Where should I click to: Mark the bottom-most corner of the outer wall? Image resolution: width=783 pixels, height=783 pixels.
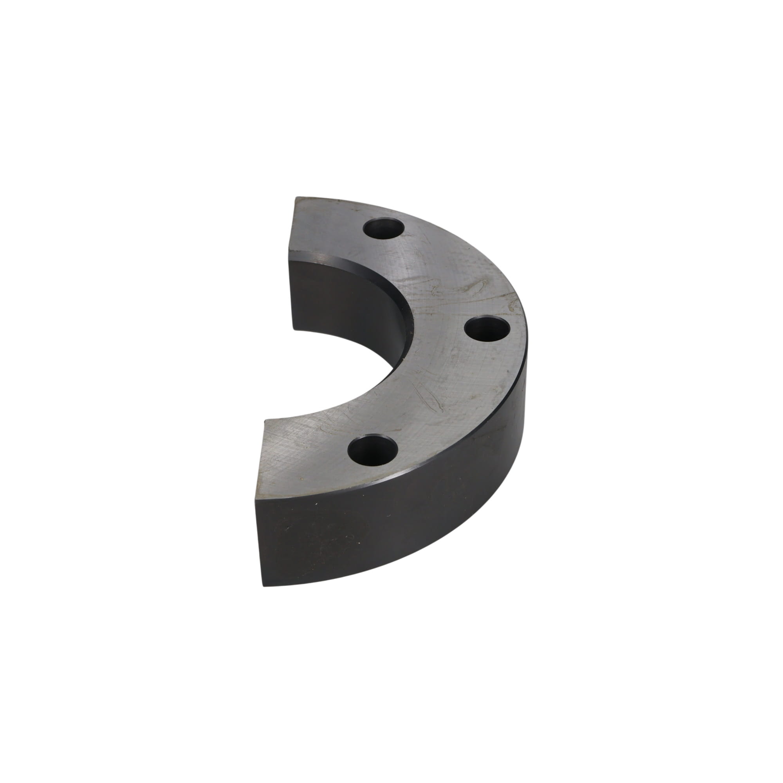pos(264,585)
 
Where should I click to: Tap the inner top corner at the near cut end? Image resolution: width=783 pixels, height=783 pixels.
pos(265,420)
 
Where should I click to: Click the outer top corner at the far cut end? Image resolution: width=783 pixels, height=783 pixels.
pos(296,198)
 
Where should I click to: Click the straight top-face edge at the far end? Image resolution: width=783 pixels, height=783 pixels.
pos(292,229)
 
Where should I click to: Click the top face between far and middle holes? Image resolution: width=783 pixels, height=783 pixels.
pos(438,276)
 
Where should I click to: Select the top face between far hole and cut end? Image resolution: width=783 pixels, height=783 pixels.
pos(328,227)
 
